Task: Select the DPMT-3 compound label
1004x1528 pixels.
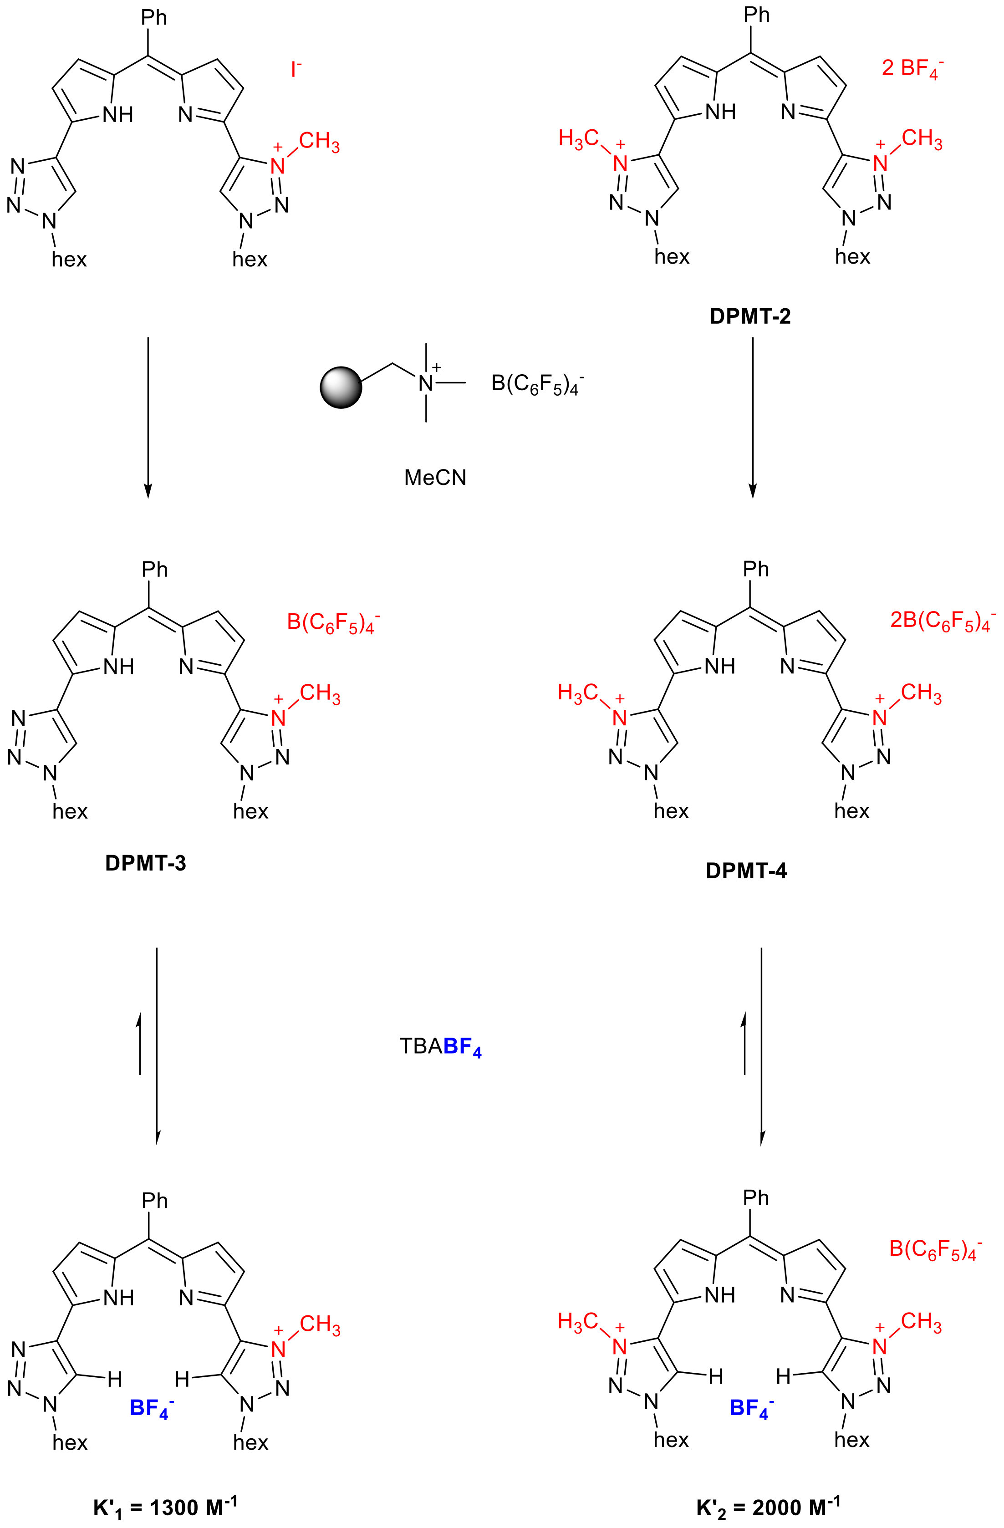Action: pos(146,864)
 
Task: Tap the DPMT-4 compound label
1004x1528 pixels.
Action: pos(746,871)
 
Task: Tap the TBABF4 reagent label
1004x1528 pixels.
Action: pos(440,1046)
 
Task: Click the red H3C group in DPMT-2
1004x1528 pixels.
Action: pos(578,138)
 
